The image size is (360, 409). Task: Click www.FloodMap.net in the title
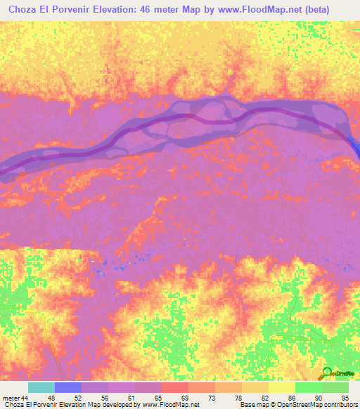click(x=267, y=8)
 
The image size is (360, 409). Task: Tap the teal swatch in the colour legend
click(x=41, y=388)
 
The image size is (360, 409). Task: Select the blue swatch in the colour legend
click(x=68, y=388)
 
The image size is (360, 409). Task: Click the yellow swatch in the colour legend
click(x=282, y=388)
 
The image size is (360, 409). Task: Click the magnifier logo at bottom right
click(x=328, y=372)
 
